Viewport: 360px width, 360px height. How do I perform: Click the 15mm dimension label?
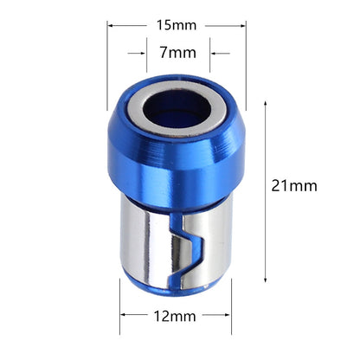tap(177, 26)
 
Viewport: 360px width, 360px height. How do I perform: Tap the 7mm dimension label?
tap(178, 53)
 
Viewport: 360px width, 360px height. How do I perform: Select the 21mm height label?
tap(293, 184)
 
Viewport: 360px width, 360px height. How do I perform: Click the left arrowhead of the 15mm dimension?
tap(112, 26)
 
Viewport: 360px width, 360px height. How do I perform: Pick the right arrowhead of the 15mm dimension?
tap(243, 26)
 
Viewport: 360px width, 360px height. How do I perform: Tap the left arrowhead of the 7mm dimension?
tap(143, 54)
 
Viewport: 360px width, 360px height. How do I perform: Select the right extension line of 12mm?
tap(235, 325)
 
